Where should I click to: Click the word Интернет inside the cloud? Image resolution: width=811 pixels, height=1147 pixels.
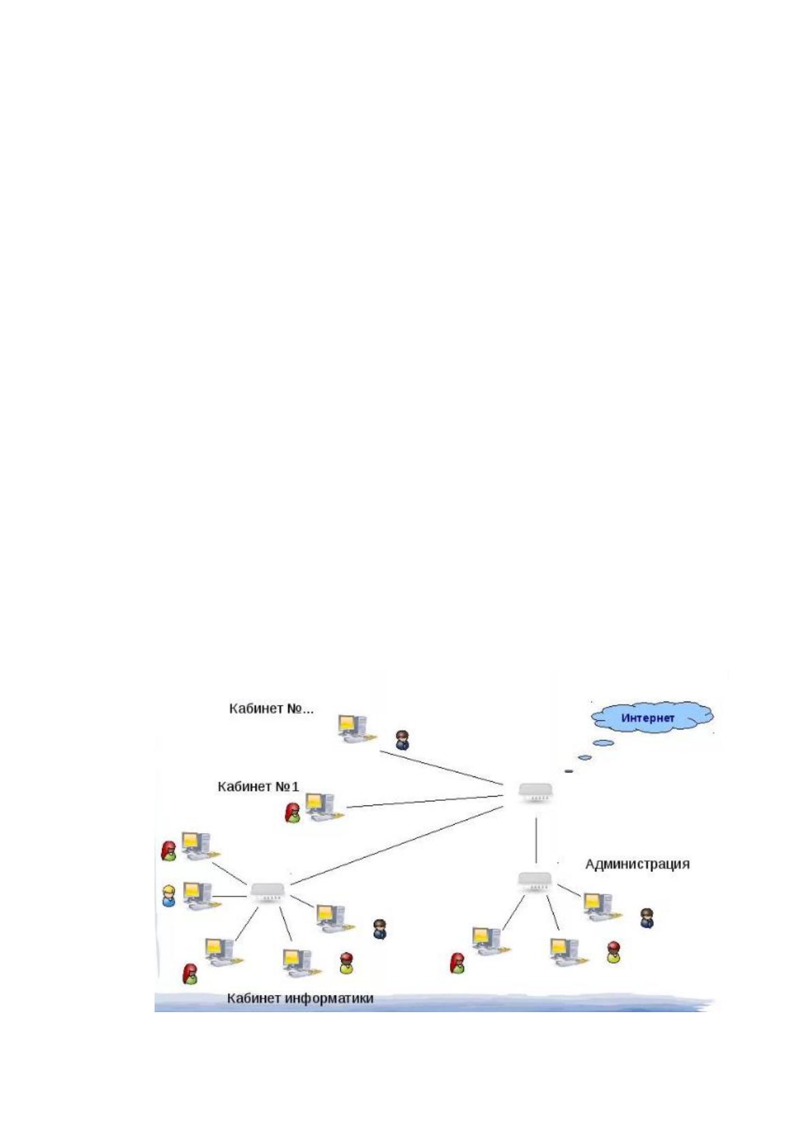(x=647, y=718)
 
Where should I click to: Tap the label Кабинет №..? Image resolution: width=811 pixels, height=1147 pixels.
(x=271, y=708)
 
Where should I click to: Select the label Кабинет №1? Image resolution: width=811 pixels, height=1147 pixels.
(x=258, y=786)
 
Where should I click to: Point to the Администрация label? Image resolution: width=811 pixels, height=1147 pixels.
(x=637, y=864)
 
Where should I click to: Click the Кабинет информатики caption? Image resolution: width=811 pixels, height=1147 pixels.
(x=300, y=998)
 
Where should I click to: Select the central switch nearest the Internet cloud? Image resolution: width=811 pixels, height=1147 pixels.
(x=535, y=792)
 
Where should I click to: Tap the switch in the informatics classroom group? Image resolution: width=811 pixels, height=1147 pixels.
(x=267, y=893)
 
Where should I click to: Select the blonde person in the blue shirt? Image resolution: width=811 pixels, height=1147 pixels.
(x=168, y=896)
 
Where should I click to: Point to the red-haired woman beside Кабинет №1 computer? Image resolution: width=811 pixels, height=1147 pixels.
(x=292, y=813)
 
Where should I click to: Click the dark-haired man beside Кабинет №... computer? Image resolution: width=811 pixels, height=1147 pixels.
(x=402, y=740)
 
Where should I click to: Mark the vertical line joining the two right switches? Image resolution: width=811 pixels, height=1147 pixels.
(x=536, y=840)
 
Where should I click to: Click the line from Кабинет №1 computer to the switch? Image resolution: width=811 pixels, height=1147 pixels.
(x=424, y=802)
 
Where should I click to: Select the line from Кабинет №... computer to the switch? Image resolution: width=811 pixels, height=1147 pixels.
(x=441, y=768)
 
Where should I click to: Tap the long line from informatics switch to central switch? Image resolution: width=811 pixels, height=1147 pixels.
(x=396, y=845)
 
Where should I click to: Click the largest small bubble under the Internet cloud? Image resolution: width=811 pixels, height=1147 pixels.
(x=603, y=742)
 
